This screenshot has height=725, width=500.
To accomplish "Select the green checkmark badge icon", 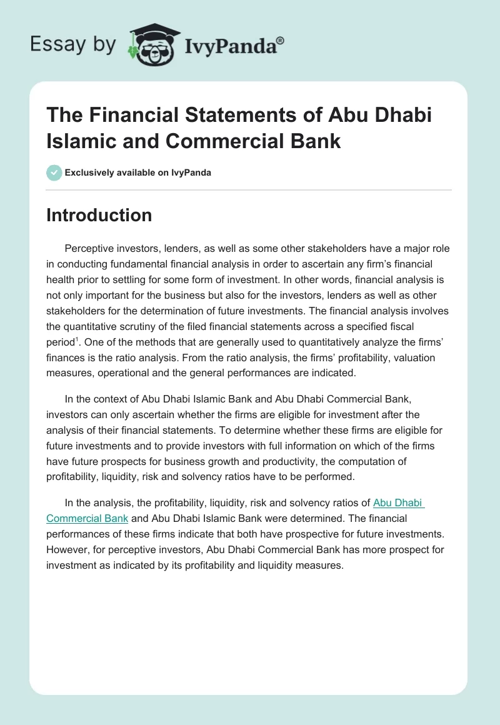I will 54,172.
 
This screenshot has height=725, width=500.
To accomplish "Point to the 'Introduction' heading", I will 99,215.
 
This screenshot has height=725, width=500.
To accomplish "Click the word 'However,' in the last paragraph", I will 69,551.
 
